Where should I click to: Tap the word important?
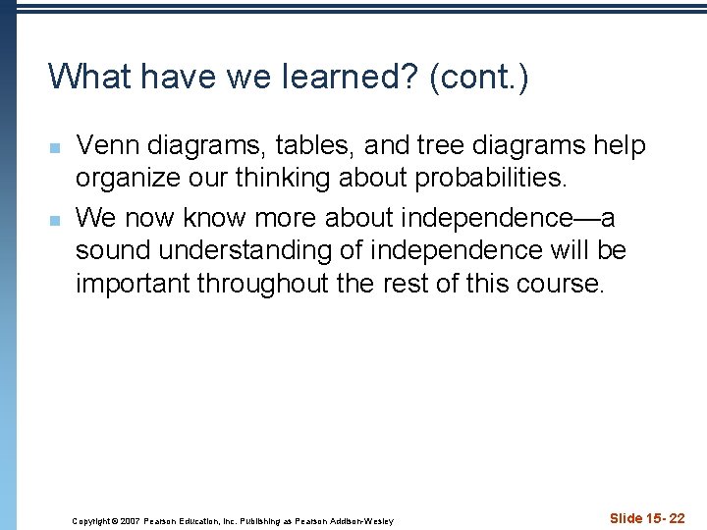coord(133,285)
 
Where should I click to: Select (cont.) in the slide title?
coord(479,77)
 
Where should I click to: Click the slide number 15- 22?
coord(664,518)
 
